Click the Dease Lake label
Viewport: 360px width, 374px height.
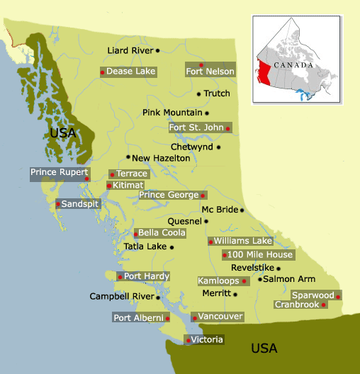tap(131, 72)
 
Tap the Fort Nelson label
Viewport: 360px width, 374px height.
tap(210, 72)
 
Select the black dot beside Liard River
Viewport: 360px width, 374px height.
tap(157, 50)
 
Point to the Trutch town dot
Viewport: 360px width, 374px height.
tap(198, 93)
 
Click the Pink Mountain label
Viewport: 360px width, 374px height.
tap(172, 113)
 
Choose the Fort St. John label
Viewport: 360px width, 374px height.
tap(196, 127)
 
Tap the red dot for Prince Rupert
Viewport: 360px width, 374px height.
tap(86, 178)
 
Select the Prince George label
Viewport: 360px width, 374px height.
tap(169, 195)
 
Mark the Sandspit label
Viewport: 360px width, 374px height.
tap(81, 204)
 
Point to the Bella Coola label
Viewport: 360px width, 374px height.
tap(162, 232)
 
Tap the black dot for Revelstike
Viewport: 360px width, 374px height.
tap(279, 268)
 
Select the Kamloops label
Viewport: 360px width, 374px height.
tap(218, 281)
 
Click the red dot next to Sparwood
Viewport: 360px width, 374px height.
tap(339, 296)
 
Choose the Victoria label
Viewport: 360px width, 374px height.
tap(208, 340)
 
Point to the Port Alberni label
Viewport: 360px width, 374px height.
tap(138, 318)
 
